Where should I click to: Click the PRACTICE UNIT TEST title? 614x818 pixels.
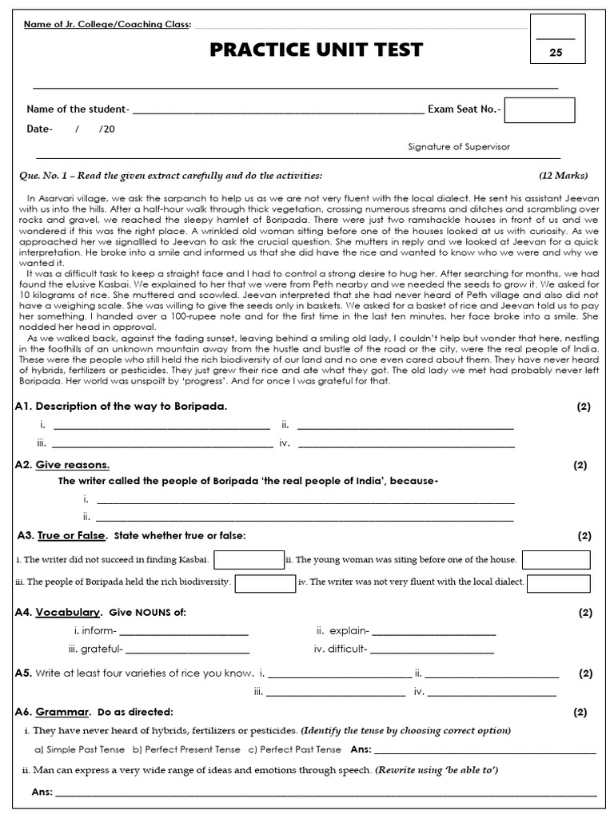click(x=316, y=51)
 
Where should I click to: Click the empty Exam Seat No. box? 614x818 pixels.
click(x=539, y=110)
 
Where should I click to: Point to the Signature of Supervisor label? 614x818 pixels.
click(x=458, y=147)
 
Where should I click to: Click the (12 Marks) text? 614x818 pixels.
click(x=563, y=175)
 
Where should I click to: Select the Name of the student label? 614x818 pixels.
click(x=78, y=109)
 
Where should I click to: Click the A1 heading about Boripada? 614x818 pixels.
click(x=121, y=407)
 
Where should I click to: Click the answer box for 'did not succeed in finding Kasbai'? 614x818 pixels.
click(x=249, y=560)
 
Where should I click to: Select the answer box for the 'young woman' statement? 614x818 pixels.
click(x=556, y=560)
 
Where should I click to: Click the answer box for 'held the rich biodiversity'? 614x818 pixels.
click(x=265, y=582)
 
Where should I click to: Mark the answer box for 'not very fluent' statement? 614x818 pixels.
click(x=559, y=582)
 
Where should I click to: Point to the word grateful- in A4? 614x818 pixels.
click(x=95, y=649)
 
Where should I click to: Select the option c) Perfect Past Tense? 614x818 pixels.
click(x=295, y=750)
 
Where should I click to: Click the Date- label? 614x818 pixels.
click(x=39, y=129)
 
